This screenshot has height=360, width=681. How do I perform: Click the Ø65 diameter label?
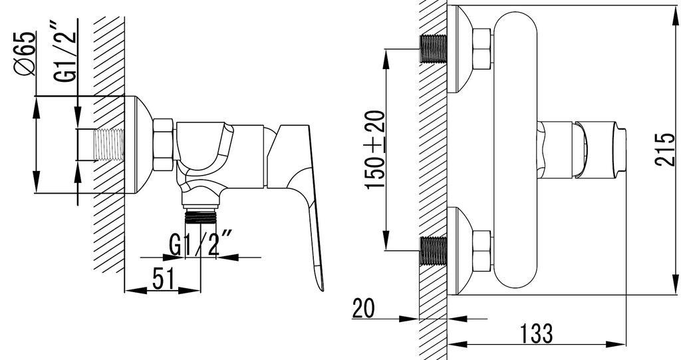coord(26,53)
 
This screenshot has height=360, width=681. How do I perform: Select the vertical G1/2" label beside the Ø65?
coord(65,51)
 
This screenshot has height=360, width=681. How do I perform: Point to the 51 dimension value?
coord(164,279)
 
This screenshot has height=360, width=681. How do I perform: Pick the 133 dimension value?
coord(537,333)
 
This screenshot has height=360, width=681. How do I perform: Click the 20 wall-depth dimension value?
coord(364,308)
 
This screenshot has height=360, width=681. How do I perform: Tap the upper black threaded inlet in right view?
coord(434,49)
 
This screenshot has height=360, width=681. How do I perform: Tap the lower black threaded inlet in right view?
coord(434,251)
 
